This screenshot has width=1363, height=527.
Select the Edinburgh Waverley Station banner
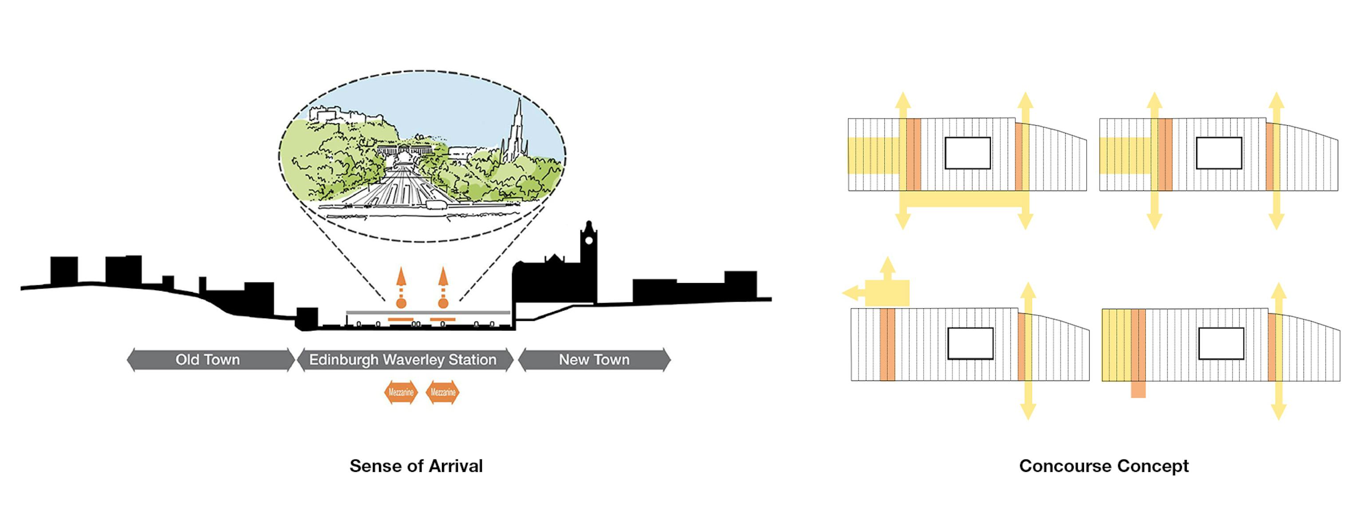[403, 359]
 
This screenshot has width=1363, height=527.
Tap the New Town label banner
[594, 359]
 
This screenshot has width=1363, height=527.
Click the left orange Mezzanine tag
[401, 392]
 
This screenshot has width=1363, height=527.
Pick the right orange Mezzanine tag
[443, 392]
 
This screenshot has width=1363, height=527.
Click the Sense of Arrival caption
[416, 466]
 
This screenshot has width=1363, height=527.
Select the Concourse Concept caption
[1104, 466]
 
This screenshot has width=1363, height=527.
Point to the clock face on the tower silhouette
[588, 241]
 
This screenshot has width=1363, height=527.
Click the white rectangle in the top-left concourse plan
[968, 153]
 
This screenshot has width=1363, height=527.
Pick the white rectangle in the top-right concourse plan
[1219, 153]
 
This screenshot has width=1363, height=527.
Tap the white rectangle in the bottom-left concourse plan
[970, 343]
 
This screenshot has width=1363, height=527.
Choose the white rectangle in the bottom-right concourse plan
[1221, 343]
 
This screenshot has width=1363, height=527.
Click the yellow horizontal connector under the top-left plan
[964, 199]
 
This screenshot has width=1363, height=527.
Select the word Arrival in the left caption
[456, 466]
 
